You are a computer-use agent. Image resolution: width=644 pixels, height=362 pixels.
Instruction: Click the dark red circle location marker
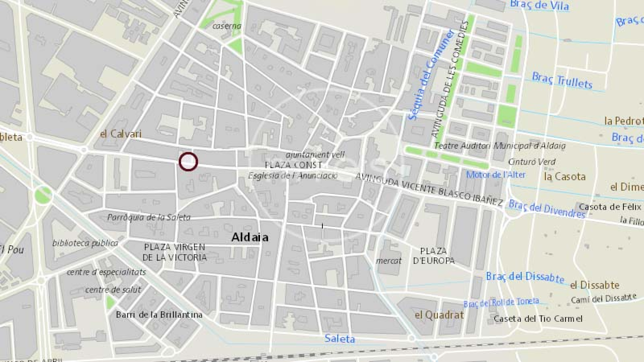(188, 162)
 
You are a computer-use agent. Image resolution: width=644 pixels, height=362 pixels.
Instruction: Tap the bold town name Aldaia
(250, 237)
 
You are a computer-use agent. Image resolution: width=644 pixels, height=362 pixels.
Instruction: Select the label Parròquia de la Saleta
(149, 217)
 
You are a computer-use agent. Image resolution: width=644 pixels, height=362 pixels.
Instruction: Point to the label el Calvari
(120, 134)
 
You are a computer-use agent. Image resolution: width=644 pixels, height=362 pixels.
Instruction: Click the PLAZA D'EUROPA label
(433, 256)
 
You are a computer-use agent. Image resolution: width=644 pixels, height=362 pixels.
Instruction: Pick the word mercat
(388, 261)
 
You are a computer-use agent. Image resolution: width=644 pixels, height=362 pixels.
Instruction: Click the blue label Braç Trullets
(562, 80)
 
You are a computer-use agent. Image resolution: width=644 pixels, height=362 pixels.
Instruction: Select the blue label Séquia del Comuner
(430, 75)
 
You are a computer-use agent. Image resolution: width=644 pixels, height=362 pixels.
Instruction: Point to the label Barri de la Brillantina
(159, 315)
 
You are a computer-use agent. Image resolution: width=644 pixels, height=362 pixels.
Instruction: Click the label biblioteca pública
(85, 243)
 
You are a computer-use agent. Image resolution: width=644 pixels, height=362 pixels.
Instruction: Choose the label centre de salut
(113, 290)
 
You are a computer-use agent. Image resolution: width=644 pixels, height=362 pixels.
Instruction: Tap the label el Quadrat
(439, 315)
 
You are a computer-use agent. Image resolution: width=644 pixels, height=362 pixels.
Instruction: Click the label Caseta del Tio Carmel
(538, 319)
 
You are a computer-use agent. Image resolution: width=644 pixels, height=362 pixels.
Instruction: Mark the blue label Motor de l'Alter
(495, 175)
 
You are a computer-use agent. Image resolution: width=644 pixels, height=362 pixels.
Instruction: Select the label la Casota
(564, 176)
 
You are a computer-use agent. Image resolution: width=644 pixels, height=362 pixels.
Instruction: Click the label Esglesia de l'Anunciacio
(293, 175)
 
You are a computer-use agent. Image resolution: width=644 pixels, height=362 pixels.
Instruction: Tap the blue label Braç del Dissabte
(524, 277)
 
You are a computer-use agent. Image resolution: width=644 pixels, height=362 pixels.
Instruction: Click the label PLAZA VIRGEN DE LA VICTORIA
(175, 252)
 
